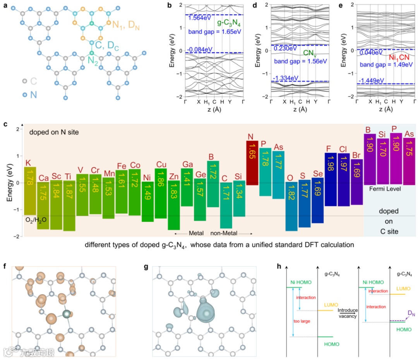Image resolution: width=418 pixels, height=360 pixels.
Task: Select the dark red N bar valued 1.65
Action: tap(252, 162)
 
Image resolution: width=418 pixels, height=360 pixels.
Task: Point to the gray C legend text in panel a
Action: tap(34, 81)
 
